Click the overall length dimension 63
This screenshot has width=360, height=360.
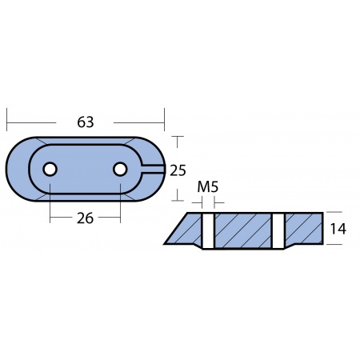coord(86,122)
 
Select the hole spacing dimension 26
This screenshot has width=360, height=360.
coord(86,218)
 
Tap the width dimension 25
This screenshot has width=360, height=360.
coord(178,169)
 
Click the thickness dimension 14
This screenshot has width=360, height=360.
coord(338,229)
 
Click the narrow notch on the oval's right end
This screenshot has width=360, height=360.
coord(154,169)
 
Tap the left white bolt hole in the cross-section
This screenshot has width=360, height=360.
coord(207,230)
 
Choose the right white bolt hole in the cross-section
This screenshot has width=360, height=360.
coord(278,230)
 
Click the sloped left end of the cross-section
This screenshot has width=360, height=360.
coord(178,230)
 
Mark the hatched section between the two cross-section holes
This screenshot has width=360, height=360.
coord(242,230)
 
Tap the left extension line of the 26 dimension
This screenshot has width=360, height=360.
coord(50,204)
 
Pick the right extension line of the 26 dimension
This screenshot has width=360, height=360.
coord(121,204)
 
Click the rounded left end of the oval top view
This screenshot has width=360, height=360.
coord(16,169)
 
